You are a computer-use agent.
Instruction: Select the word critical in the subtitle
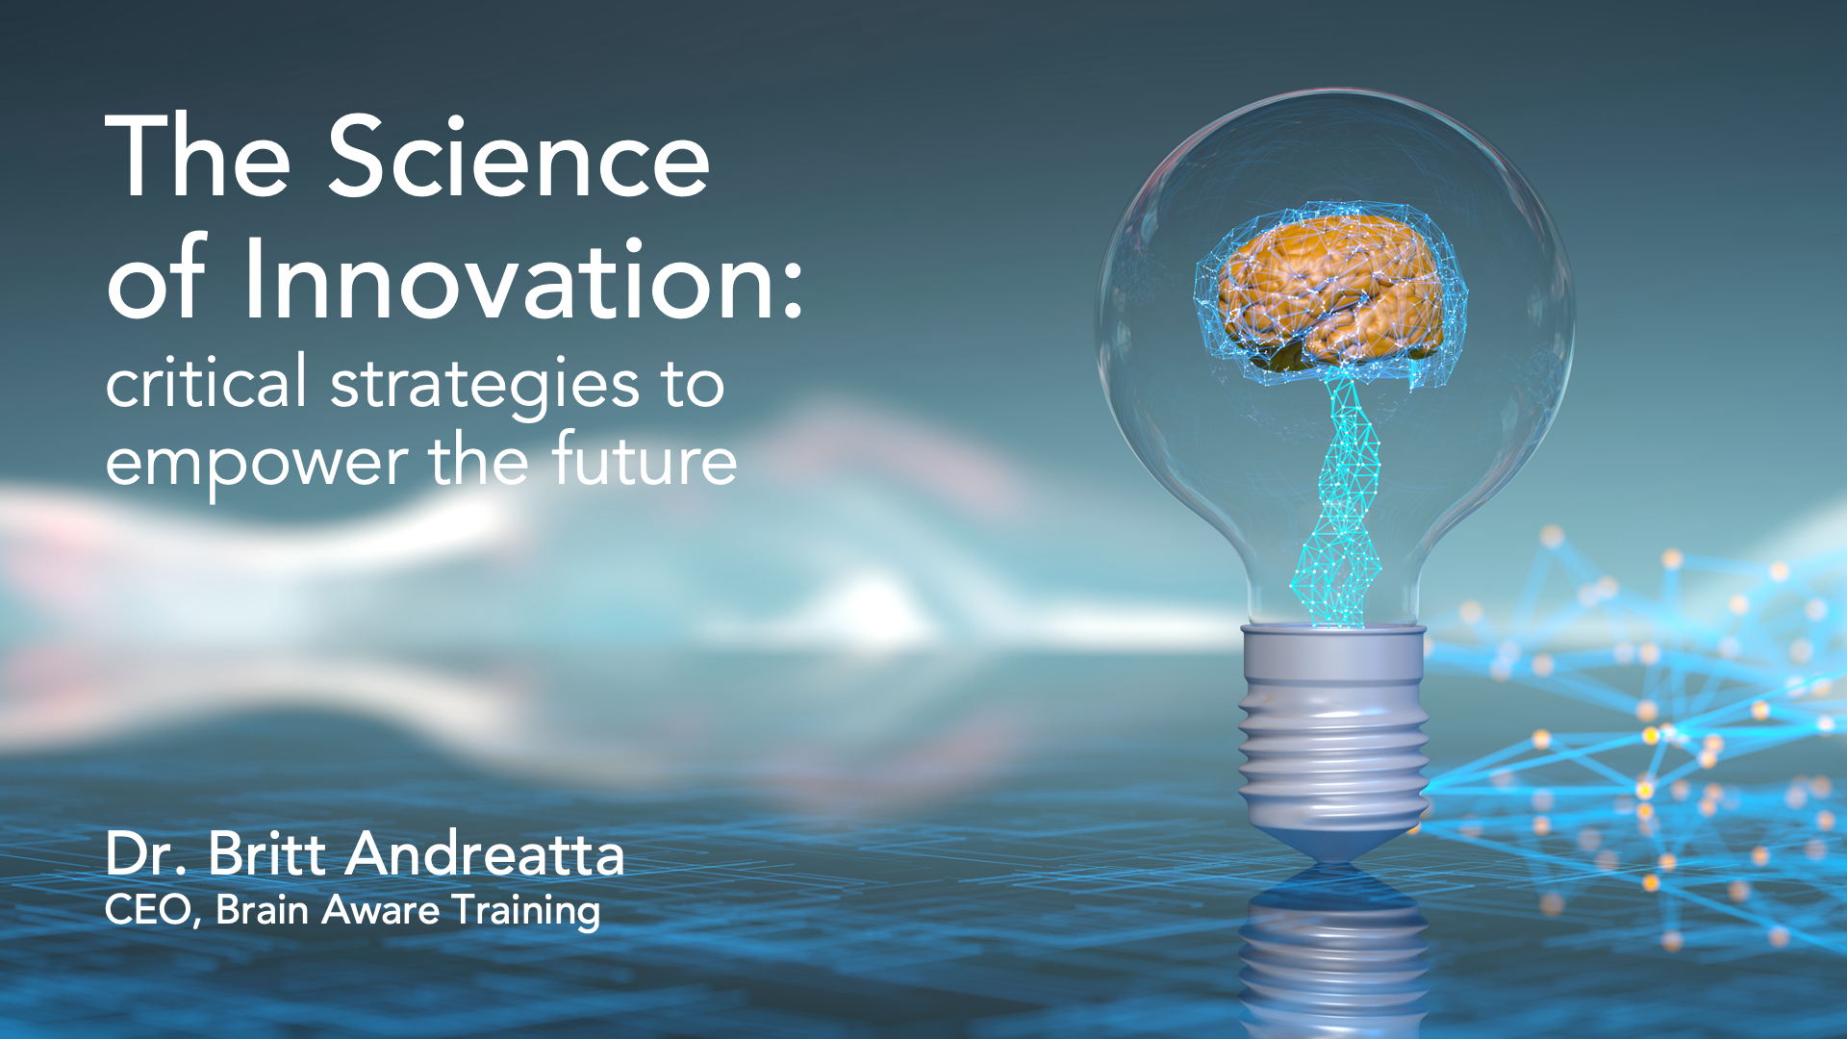206,382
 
